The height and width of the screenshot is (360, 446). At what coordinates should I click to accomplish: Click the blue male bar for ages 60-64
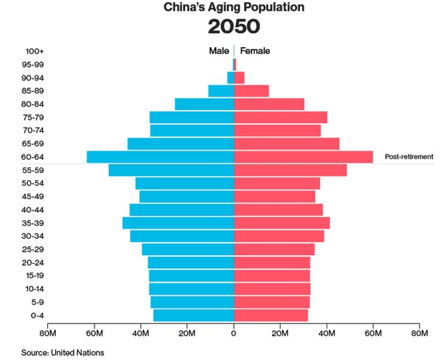click(160, 157)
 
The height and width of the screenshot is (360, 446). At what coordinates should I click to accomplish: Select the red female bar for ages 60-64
click(303, 157)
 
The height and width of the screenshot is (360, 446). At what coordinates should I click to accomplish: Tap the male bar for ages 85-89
click(221, 91)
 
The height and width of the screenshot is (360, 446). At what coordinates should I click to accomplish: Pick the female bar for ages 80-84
click(269, 104)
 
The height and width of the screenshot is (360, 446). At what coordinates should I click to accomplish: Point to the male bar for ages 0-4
click(193, 315)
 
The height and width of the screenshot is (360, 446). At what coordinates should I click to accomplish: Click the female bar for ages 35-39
click(282, 223)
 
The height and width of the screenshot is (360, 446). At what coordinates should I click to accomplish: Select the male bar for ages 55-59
click(171, 170)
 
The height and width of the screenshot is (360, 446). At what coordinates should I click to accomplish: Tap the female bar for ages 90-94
click(239, 78)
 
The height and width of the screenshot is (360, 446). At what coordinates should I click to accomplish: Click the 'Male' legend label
click(219, 51)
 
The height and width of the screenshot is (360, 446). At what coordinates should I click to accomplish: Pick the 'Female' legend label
click(255, 51)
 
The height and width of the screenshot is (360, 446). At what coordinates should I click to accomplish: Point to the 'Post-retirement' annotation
click(409, 157)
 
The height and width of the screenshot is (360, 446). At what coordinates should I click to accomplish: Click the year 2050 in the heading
click(233, 27)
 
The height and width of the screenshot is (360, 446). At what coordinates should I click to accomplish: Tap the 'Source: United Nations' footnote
click(62, 353)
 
